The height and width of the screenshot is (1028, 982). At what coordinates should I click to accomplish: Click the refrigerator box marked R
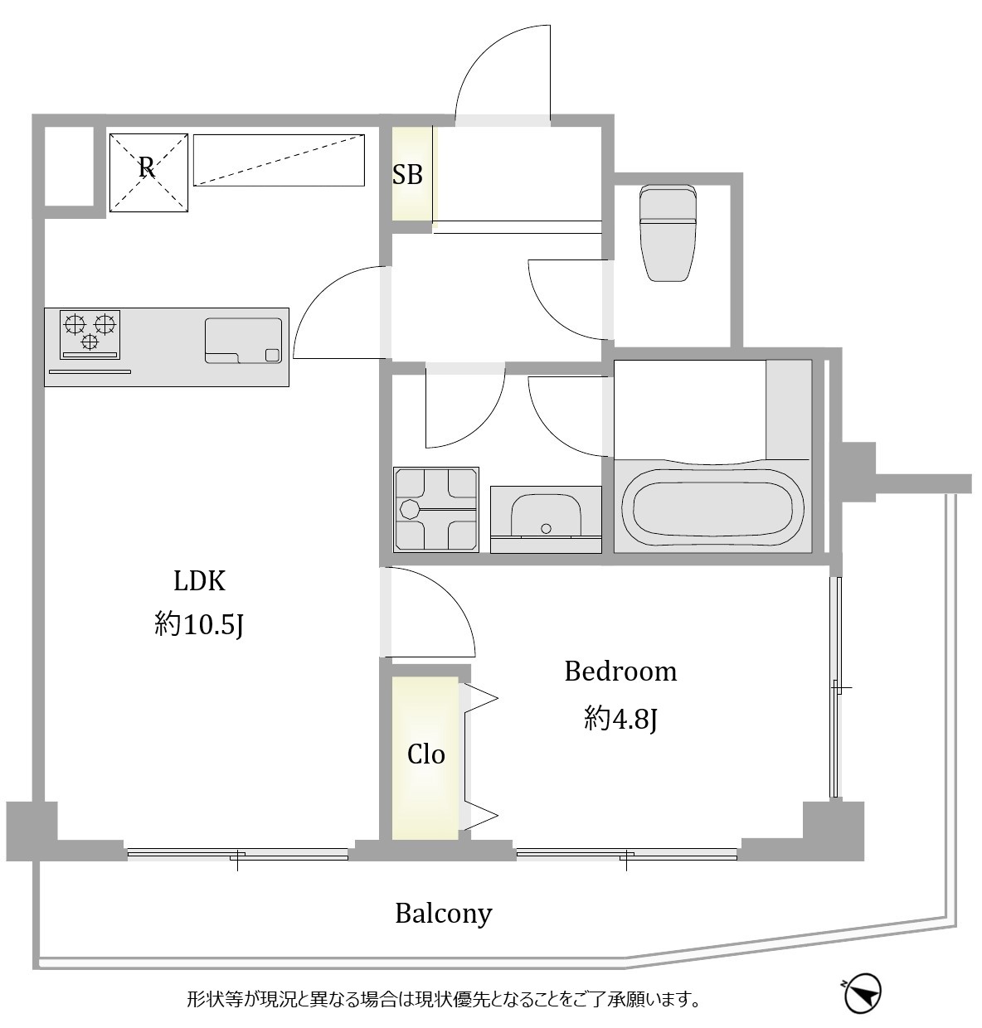(x=148, y=172)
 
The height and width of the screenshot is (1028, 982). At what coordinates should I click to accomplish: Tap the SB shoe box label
(x=407, y=174)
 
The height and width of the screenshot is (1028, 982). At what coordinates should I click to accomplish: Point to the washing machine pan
(x=436, y=510)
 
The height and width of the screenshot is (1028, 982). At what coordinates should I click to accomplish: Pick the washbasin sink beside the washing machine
(x=546, y=519)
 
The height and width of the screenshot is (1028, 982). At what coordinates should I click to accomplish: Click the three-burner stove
(x=90, y=335)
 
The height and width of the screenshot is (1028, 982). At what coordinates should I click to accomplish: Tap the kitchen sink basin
(x=243, y=341)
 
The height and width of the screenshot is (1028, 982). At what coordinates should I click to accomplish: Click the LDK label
(x=200, y=581)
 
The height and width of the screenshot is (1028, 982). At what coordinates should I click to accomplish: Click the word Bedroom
(x=620, y=672)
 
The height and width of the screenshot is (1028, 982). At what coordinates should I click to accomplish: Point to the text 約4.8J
(x=620, y=719)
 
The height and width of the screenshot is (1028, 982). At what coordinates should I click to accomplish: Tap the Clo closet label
(x=425, y=755)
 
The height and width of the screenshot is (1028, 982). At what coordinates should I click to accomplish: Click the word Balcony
(x=444, y=914)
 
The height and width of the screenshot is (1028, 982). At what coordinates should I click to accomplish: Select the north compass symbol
(x=862, y=992)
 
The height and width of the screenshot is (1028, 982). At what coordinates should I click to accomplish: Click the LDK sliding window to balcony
(x=237, y=854)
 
